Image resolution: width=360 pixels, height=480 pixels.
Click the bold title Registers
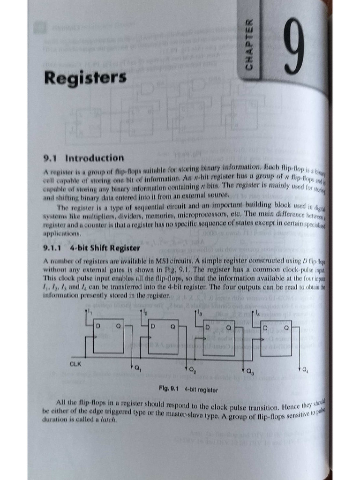[x=85, y=78]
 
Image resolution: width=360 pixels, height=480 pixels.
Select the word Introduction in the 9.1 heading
[x=95, y=158]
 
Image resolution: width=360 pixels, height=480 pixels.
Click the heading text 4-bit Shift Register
[x=105, y=248]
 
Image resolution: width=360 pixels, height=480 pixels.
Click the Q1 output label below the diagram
[x=137, y=369]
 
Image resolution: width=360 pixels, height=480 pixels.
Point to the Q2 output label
[x=192, y=369]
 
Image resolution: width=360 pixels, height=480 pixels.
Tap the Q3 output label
[x=249, y=372]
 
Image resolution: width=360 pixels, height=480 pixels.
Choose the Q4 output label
[x=305, y=370]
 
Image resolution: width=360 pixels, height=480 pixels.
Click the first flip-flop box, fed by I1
[x=108, y=336]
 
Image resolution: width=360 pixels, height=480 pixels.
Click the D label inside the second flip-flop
[x=154, y=326]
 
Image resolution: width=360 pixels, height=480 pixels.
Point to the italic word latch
[x=108, y=420]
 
